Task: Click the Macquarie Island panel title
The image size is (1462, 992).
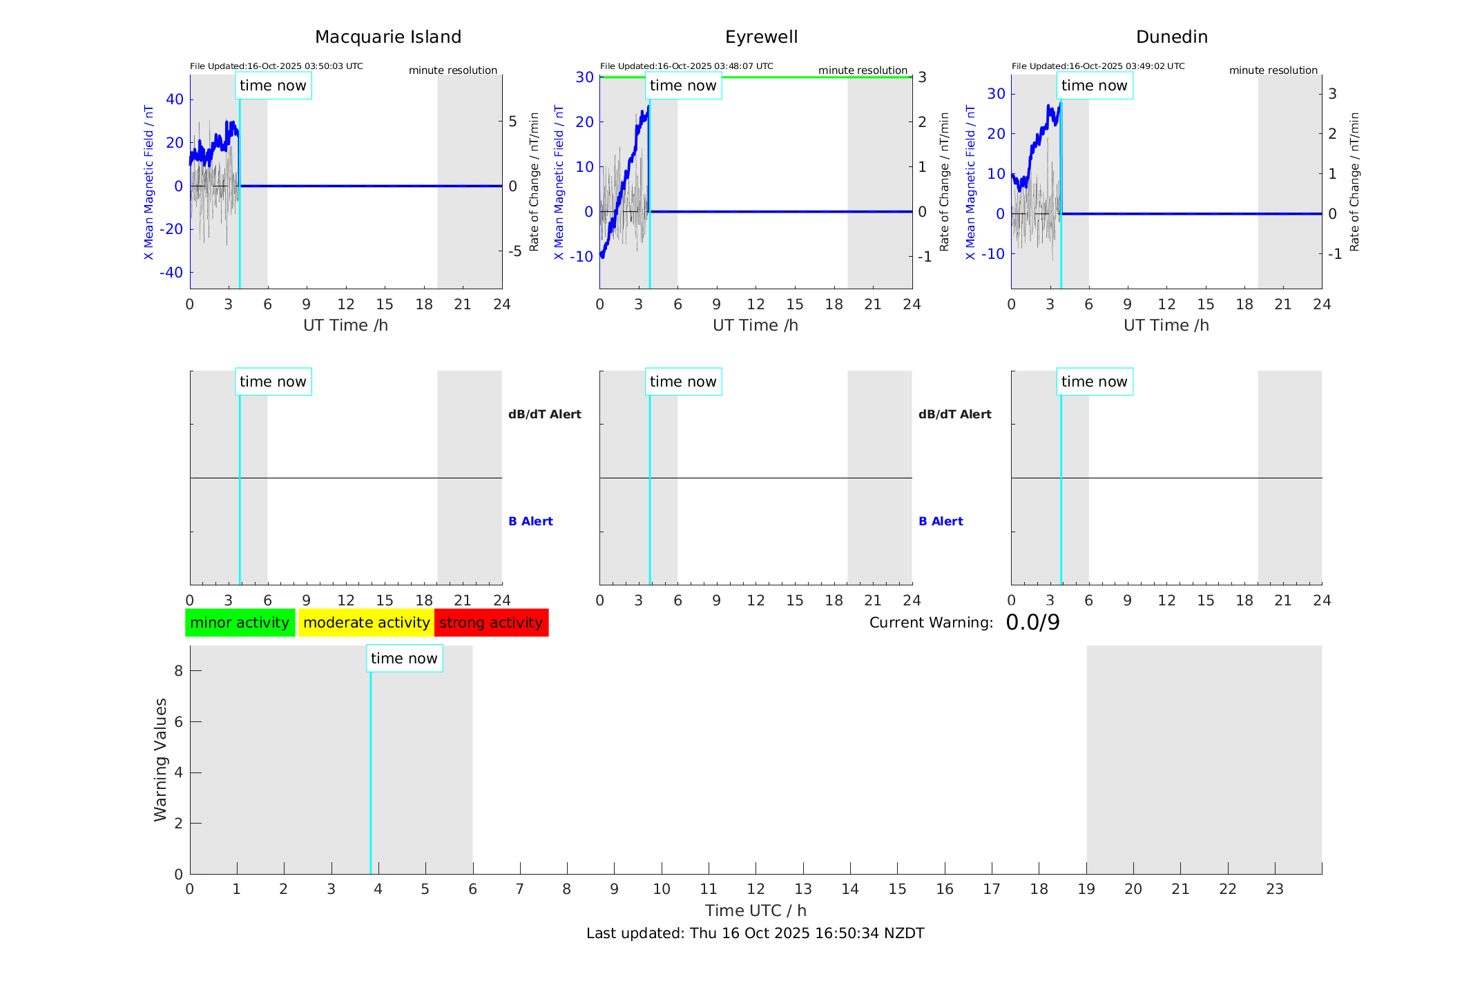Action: (x=388, y=37)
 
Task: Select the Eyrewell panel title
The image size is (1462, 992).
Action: (x=761, y=37)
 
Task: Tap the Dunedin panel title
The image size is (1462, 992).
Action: (x=1171, y=37)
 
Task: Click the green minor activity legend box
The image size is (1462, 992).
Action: (x=240, y=623)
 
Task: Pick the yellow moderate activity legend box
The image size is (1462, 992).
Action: (x=366, y=623)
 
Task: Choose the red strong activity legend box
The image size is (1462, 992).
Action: (x=491, y=623)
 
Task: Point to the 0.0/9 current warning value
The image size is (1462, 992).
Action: (x=1032, y=623)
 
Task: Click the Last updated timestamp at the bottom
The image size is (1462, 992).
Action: (x=755, y=933)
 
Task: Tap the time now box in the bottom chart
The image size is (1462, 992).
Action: (x=404, y=659)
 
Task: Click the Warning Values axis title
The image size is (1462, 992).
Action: (x=160, y=759)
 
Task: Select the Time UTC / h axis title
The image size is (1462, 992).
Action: (x=756, y=911)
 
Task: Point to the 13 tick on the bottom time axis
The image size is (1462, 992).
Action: (x=802, y=889)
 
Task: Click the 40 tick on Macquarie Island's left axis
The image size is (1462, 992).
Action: (x=175, y=99)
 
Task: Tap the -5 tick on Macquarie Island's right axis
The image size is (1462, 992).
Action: (x=514, y=251)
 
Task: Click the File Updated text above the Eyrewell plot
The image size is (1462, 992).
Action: (x=686, y=66)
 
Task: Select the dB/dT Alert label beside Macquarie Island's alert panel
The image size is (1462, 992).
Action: (x=544, y=414)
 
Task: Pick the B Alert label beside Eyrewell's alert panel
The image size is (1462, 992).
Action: (x=941, y=521)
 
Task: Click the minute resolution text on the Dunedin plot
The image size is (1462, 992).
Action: (x=1273, y=70)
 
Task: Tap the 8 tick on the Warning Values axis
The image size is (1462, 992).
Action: (x=178, y=671)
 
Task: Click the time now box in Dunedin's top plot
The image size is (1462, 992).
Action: (x=1094, y=86)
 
